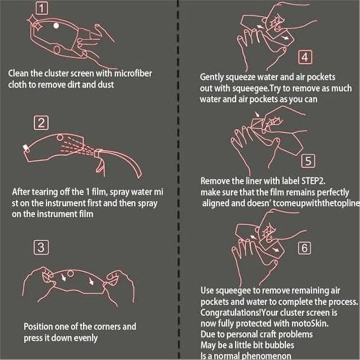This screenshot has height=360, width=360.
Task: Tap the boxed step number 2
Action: point(41,123)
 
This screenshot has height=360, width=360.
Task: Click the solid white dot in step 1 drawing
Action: point(56,26)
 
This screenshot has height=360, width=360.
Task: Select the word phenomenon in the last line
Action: point(265,356)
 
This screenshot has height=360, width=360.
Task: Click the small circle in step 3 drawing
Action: point(71,274)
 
